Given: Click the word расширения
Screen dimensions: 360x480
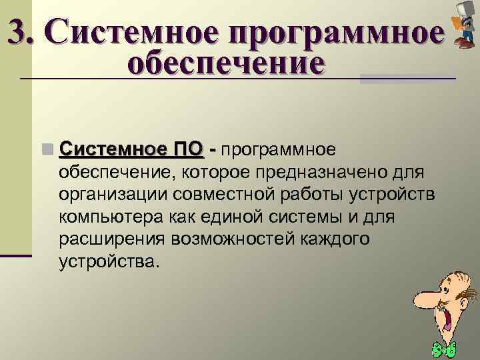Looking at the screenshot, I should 111,239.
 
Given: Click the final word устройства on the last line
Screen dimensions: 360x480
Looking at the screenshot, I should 109,261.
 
